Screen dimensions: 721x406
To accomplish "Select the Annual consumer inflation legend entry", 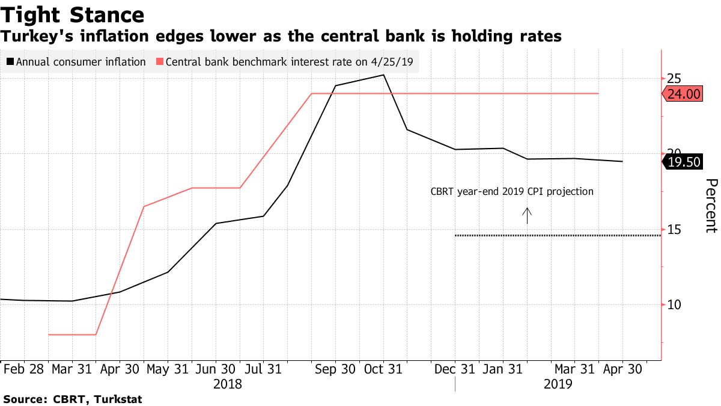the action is click(76, 62).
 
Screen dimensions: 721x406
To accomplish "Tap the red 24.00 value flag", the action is click(684, 94).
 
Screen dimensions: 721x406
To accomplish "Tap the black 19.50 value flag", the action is click(684, 162).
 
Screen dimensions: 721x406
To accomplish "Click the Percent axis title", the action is click(711, 206).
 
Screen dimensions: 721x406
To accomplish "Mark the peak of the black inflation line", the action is click(383, 75).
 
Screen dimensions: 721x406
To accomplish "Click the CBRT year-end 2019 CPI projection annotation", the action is click(512, 192).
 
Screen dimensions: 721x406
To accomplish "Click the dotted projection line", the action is click(559, 235).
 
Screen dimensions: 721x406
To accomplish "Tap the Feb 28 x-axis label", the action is click(23, 369).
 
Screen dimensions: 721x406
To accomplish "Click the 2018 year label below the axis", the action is click(228, 384).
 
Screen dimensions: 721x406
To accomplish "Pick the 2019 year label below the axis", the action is click(558, 384).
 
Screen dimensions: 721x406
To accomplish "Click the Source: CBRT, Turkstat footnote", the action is click(73, 399).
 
